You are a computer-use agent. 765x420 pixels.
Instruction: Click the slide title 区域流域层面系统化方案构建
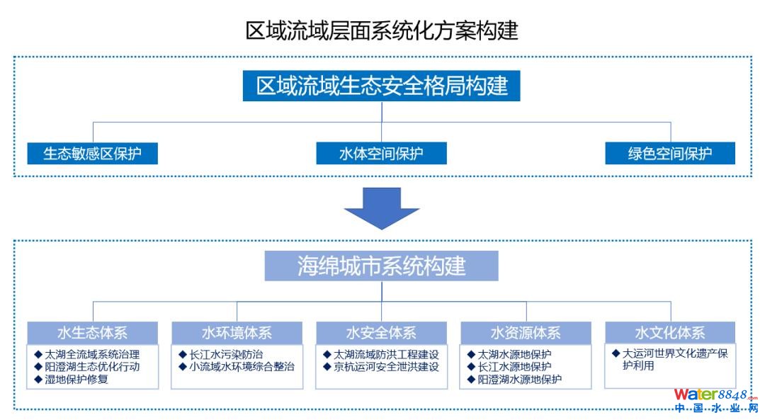[382, 30]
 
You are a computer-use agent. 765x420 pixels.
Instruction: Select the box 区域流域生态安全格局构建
[382, 86]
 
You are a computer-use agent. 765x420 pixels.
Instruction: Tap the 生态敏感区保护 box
[92, 154]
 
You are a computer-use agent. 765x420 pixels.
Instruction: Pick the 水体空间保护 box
[381, 154]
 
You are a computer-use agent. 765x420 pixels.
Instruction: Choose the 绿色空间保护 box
[670, 154]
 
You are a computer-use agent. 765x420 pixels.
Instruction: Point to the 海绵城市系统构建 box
[382, 266]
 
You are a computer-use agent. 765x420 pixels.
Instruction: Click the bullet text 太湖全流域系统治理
[92, 354]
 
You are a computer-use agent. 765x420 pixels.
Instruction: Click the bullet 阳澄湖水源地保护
[520, 380]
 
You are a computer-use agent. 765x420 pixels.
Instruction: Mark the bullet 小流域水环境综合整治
[242, 367]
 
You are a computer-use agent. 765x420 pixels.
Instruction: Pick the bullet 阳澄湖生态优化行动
[92, 367]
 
